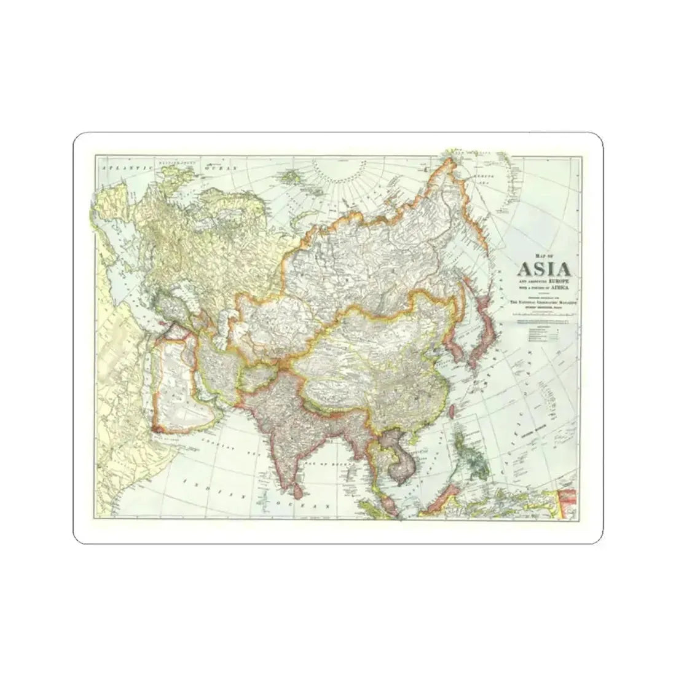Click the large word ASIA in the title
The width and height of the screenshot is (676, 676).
[x=544, y=269]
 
